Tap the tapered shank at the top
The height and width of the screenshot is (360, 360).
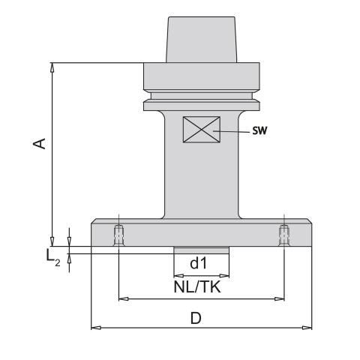[201, 41]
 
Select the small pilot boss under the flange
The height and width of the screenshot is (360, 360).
[201, 250]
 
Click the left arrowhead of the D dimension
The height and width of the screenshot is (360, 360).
[94, 328]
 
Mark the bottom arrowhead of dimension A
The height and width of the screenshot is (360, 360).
[52, 232]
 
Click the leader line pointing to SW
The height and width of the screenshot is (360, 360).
[232, 130]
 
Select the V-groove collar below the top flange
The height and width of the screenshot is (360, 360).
[201, 97]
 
